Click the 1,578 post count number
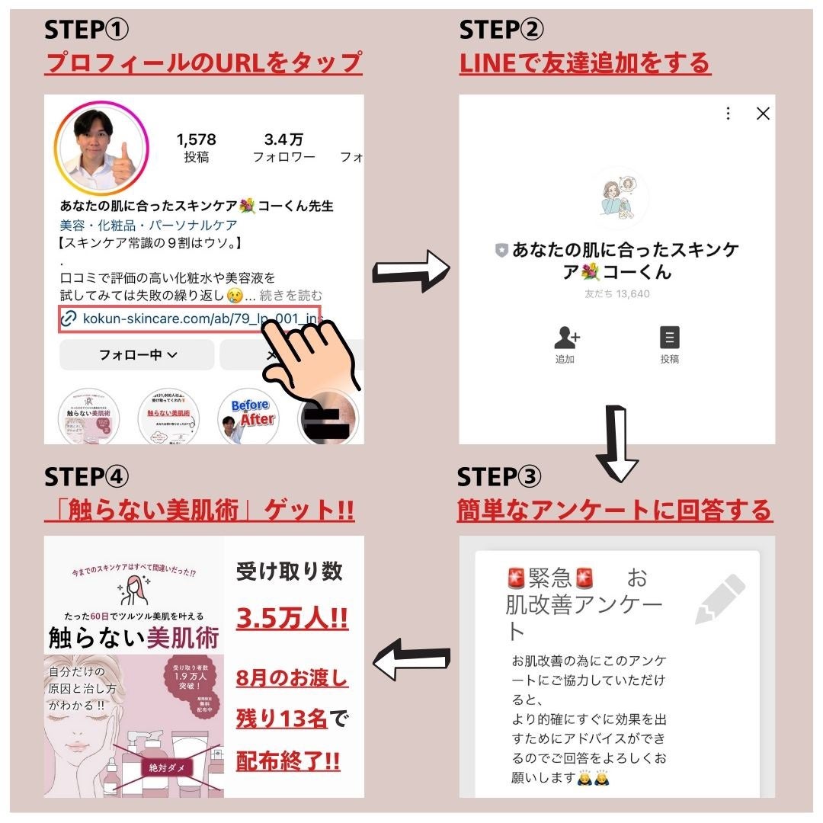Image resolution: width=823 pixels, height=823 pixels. point(196,140)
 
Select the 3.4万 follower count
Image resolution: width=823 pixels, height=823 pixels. point(283,140)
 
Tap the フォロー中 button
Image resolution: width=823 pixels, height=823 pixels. point(137,355)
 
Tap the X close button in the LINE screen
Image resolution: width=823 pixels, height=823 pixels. point(762,114)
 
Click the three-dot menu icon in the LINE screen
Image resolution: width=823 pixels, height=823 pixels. point(728,114)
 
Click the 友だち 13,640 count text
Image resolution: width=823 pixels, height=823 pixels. point(616,294)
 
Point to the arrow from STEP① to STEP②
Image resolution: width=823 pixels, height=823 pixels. point(411,272)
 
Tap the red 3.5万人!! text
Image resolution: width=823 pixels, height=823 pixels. point(292,617)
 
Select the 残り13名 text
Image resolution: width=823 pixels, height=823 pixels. point(282,719)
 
